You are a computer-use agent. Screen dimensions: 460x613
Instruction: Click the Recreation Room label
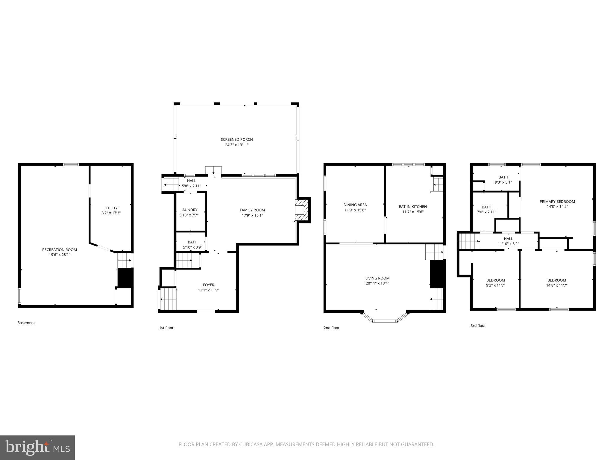click(x=59, y=249)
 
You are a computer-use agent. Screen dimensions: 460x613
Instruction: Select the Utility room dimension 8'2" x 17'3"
click(x=111, y=213)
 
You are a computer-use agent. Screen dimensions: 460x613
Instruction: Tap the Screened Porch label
click(x=236, y=139)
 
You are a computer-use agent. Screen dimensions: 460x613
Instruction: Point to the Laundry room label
click(x=189, y=210)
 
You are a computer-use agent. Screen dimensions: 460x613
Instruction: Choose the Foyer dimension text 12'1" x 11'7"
click(x=208, y=290)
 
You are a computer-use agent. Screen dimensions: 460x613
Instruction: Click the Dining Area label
click(x=355, y=205)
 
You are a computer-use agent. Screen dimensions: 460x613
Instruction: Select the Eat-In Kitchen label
click(x=412, y=207)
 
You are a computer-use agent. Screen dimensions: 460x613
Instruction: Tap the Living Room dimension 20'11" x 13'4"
click(x=377, y=283)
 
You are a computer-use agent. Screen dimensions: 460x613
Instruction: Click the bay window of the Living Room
click(x=385, y=321)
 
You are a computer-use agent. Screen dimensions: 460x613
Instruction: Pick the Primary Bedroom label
click(x=557, y=202)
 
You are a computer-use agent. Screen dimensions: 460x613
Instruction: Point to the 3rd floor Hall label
click(x=508, y=239)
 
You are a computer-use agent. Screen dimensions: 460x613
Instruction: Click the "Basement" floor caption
click(x=26, y=323)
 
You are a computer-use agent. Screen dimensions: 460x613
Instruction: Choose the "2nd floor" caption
click(x=331, y=328)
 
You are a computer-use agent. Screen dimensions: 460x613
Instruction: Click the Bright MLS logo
click(x=37, y=447)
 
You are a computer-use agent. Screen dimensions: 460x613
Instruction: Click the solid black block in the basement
click(x=125, y=278)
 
